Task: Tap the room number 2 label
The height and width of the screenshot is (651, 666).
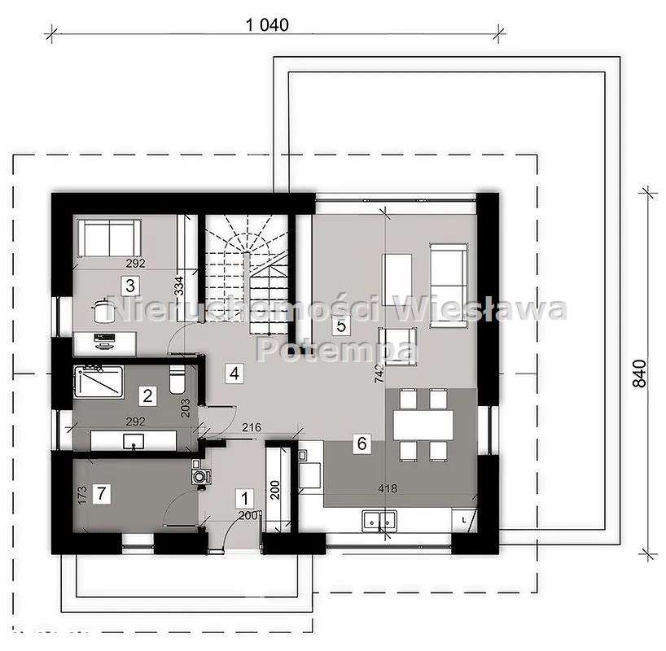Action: coord(147,396)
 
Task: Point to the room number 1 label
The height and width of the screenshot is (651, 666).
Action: coord(242,496)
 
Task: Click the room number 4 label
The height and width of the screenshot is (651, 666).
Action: coord(234,374)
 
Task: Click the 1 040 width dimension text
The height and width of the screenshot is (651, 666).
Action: coord(267,24)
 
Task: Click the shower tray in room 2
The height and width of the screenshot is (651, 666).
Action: coord(99,382)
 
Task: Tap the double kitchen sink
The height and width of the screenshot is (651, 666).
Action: coord(379,518)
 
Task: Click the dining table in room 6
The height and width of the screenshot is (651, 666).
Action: coord(423,423)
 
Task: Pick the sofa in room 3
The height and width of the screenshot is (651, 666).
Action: coord(108,238)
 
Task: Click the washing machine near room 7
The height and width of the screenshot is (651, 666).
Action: coord(199,474)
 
